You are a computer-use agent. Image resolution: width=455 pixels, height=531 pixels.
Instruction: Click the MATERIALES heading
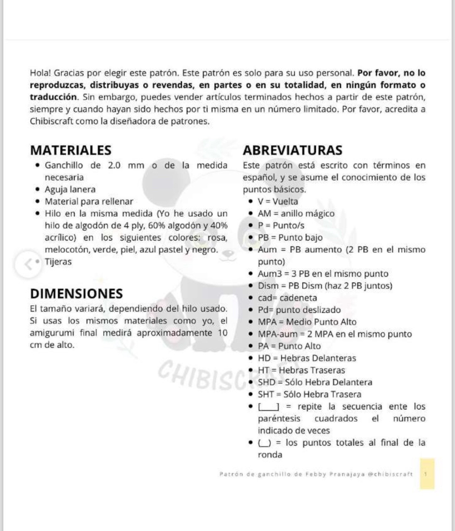click(71, 150)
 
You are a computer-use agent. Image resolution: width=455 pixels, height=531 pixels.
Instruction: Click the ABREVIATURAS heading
click(292, 150)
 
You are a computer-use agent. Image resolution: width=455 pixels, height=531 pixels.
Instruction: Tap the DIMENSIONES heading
click(77, 294)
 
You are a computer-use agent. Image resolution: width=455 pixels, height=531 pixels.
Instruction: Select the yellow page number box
click(427, 474)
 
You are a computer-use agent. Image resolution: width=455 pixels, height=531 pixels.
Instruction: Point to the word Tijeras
click(58, 262)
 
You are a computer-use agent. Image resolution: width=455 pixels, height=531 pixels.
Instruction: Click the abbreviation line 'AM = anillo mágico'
click(296, 214)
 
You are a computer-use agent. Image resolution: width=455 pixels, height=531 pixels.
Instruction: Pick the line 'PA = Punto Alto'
click(289, 346)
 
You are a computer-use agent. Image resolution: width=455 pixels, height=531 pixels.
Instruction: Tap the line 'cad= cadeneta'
click(287, 298)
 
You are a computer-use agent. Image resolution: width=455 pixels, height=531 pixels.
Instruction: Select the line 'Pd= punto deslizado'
click(299, 310)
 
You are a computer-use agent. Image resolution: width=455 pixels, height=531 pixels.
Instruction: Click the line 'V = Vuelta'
click(278, 202)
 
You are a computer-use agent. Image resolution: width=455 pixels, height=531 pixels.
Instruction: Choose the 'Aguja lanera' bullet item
click(70, 190)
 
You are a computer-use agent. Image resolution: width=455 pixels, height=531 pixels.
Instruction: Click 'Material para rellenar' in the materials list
click(89, 202)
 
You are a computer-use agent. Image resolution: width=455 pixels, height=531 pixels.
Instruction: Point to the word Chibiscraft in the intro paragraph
click(51, 121)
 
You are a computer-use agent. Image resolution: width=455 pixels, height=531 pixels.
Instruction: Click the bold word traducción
click(53, 97)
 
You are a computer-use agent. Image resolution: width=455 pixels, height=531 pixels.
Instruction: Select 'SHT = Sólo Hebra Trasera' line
click(309, 394)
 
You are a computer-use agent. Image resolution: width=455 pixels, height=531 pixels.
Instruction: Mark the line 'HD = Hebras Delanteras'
click(307, 358)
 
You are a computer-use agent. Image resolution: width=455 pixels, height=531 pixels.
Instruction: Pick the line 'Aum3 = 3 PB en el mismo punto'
click(323, 274)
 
